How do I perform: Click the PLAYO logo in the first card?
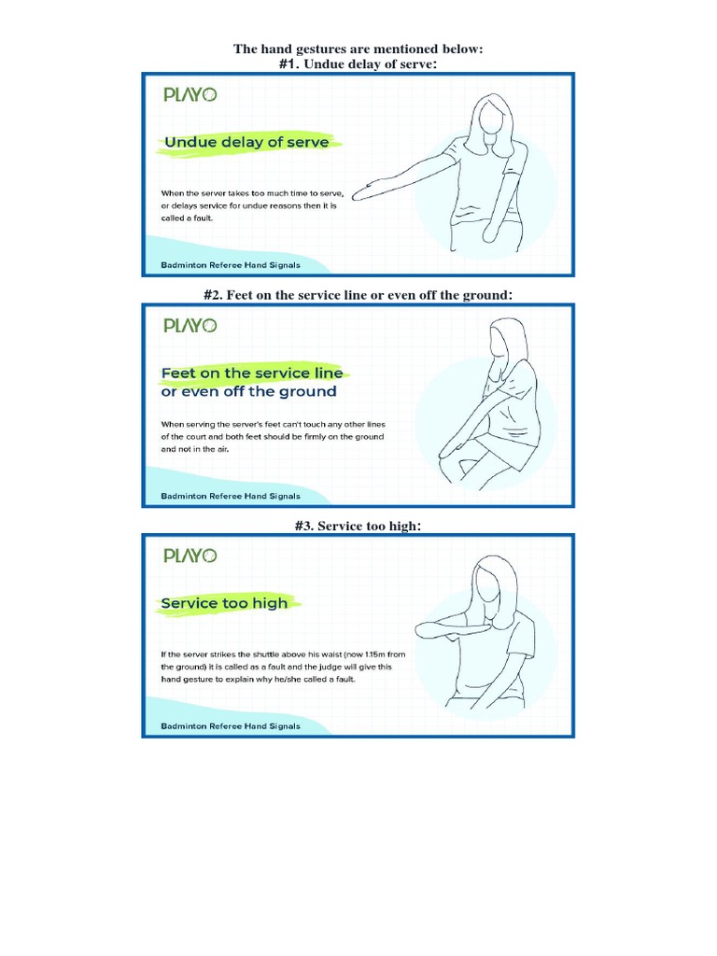(190, 94)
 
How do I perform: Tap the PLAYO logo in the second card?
(190, 326)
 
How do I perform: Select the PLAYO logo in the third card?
(190, 555)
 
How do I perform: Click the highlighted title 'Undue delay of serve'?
(246, 142)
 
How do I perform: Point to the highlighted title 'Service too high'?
(225, 603)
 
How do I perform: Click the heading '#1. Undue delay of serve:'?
(358, 63)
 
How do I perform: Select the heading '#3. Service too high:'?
(358, 527)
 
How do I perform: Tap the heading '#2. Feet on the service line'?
(358, 295)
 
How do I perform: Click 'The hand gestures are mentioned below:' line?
(358, 49)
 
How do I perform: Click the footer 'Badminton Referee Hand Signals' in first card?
(231, 265)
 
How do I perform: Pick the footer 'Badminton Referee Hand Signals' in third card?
(231, 726)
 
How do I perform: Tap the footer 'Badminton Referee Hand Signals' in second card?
(231, 496)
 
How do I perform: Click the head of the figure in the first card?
(494, 117)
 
